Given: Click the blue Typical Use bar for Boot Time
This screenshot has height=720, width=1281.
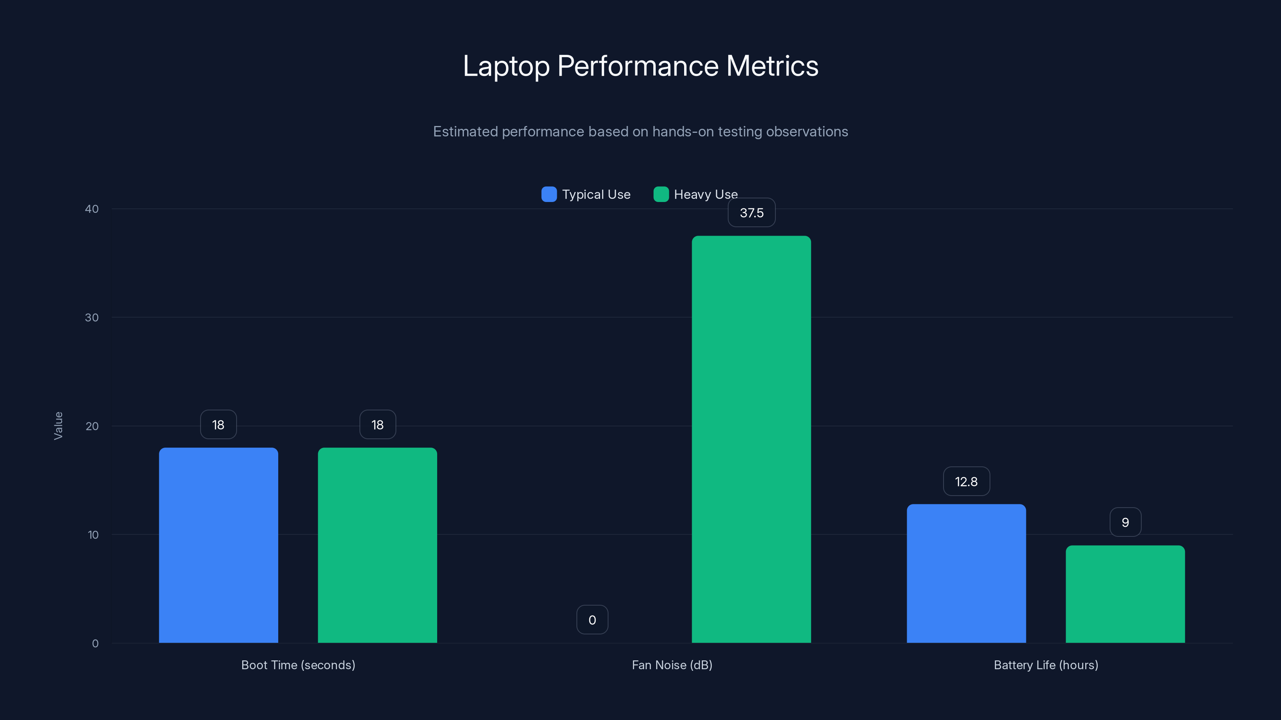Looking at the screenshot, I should click(x=218, y=545).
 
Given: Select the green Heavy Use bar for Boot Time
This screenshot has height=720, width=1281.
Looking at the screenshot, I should click(x=377, y=545).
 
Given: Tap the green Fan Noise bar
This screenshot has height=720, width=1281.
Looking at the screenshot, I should click(x=751, y=439).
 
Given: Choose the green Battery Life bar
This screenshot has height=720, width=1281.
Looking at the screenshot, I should click(x=1125, y=594).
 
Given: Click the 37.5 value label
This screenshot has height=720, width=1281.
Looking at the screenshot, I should click(x=751, y=213).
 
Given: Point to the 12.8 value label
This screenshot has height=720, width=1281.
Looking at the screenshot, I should click(x=966, y=482).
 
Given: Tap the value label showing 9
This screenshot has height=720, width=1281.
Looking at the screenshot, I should click(x=1125, y=522).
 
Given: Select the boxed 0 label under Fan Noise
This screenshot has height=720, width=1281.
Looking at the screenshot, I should click(x=592, y=620).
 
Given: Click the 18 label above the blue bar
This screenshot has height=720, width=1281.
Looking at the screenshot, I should click(x=218, y=425).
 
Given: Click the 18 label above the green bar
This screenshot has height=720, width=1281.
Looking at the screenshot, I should click(x=377, y=425).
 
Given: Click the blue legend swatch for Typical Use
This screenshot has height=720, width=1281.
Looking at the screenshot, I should click(x=549, y=194).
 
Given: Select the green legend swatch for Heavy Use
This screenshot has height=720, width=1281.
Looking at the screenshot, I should click(x=661, y=194).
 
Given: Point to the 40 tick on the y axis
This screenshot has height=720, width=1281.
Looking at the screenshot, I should click(x=92, y=209).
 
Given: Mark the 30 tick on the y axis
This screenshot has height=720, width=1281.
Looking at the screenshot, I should click(x=92, y=318).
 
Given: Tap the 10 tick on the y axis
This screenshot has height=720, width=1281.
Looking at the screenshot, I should click(x=93, y=535).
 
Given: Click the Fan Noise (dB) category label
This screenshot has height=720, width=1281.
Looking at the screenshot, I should click(x=672, y=665).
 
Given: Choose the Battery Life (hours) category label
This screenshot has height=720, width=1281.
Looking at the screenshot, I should click(x=1046, y=665).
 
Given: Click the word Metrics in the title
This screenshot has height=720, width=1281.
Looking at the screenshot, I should click(x=772, y=66).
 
